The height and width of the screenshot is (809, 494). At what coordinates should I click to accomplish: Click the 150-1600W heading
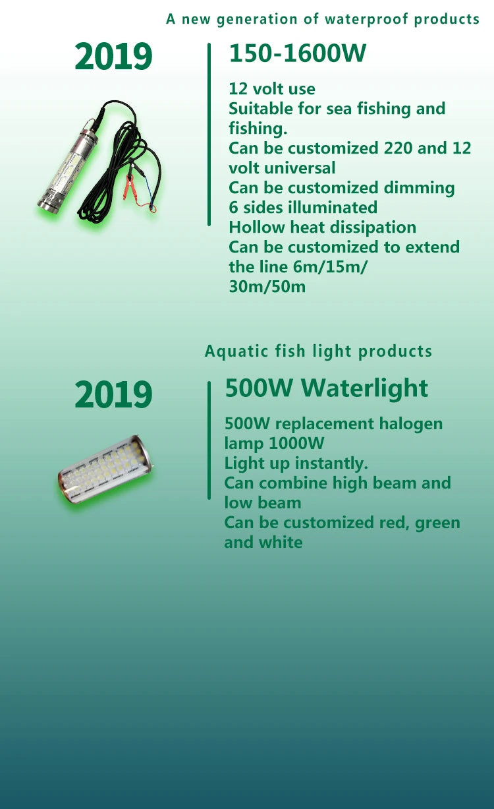[x=298, y=53]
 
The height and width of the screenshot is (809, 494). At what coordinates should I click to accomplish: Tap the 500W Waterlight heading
[x=326, y=389]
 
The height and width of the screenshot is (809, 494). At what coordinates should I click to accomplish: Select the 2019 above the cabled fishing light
[x=113, y=56]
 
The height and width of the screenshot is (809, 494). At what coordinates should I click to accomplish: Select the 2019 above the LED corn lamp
[x=113, y=394]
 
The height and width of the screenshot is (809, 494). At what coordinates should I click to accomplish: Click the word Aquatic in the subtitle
[x=236, y=351]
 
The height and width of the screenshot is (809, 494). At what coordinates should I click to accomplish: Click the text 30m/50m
[x=267, y=287]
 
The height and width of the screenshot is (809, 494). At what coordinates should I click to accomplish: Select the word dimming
[x=419, y=189]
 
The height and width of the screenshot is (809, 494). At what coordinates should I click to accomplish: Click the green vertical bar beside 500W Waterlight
[x=209, y=440]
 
